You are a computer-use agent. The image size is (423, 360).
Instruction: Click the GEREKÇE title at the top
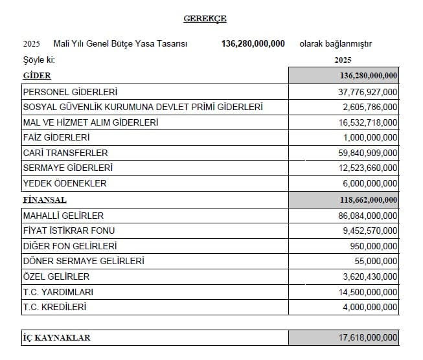point(205,19)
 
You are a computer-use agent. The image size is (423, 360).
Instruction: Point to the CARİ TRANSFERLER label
point(65,153)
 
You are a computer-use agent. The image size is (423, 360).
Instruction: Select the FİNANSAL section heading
point(45,199)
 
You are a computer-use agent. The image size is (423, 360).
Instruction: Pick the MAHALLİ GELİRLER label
point(63,215)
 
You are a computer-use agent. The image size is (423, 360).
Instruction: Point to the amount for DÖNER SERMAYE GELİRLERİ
point(374,261)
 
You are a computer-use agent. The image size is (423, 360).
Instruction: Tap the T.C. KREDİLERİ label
point(54,307)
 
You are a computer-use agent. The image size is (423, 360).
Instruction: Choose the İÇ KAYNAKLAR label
point(56,338)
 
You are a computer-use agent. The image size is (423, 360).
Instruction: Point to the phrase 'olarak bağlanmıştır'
point(335,44)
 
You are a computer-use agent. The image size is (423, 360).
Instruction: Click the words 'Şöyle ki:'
point(38,60)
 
